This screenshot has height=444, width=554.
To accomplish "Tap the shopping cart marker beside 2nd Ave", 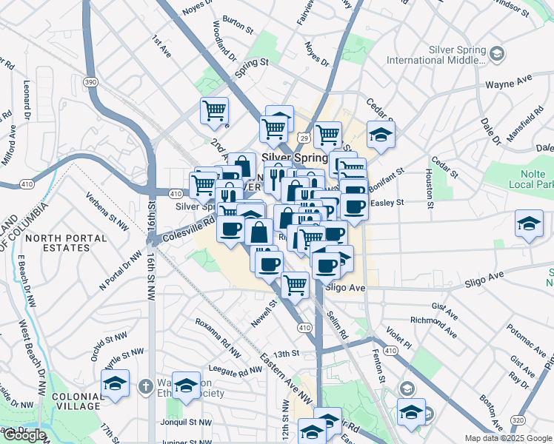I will [x=214, y=112].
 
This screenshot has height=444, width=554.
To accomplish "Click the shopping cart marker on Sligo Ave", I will [x=296, y=284].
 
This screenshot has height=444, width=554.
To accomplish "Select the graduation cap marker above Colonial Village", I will [x=115, y=384].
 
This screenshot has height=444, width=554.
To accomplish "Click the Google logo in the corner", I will [x=24, y=435].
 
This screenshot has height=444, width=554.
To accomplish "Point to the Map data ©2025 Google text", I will [x=507, y=438].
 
